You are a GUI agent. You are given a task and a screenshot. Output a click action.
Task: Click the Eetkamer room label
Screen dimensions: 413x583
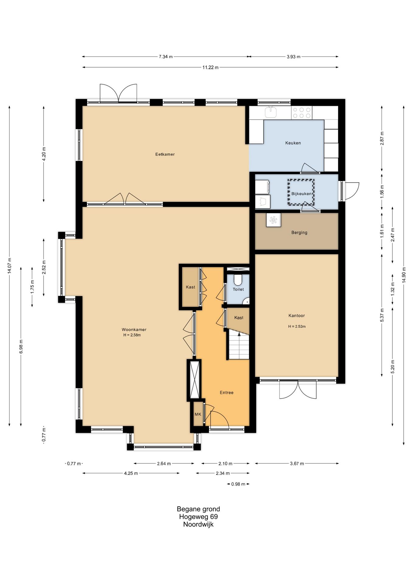(x=165, y=154)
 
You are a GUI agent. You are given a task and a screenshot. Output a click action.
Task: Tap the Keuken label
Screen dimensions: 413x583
(x=293, y=143)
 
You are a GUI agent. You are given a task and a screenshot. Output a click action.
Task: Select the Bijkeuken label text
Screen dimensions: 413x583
(x=301, y=194)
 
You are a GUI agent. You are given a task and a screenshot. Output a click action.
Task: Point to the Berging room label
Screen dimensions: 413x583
(x=299, y=233)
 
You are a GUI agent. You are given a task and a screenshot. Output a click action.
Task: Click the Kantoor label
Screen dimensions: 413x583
(x=297, y=316)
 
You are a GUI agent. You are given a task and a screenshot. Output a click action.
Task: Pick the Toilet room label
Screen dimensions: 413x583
(x=238, y=289)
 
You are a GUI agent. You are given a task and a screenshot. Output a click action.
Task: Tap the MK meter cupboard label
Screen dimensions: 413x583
(x=198, y=414)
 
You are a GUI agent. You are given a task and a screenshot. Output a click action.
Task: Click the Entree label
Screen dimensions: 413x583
(x=227, y=393)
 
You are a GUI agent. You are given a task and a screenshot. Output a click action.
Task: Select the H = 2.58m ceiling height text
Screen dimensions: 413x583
(x=132, y=335)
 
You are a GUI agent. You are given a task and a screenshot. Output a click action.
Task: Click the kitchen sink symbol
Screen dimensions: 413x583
(x=271, y=112)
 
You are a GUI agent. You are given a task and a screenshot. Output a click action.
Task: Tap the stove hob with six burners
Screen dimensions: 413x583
(x=301, y=113)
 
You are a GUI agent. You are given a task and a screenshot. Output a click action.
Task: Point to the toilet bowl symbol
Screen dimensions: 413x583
(x=238, y=279)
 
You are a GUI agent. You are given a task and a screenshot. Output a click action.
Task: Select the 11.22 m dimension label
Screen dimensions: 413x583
(x=210, y=67)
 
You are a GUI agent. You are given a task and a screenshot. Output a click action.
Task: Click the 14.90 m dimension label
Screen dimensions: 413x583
(x=404, y=275)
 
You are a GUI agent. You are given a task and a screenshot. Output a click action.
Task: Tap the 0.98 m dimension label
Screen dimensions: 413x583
(x=238, y=484)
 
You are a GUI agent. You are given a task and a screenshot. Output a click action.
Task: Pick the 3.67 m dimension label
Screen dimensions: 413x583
(x=297, y=464)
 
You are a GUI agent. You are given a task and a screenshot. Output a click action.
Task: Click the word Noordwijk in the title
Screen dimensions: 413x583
(x=198, y=524)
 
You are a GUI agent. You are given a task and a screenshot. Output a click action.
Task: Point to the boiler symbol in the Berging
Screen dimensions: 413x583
(x=273, y=220)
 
